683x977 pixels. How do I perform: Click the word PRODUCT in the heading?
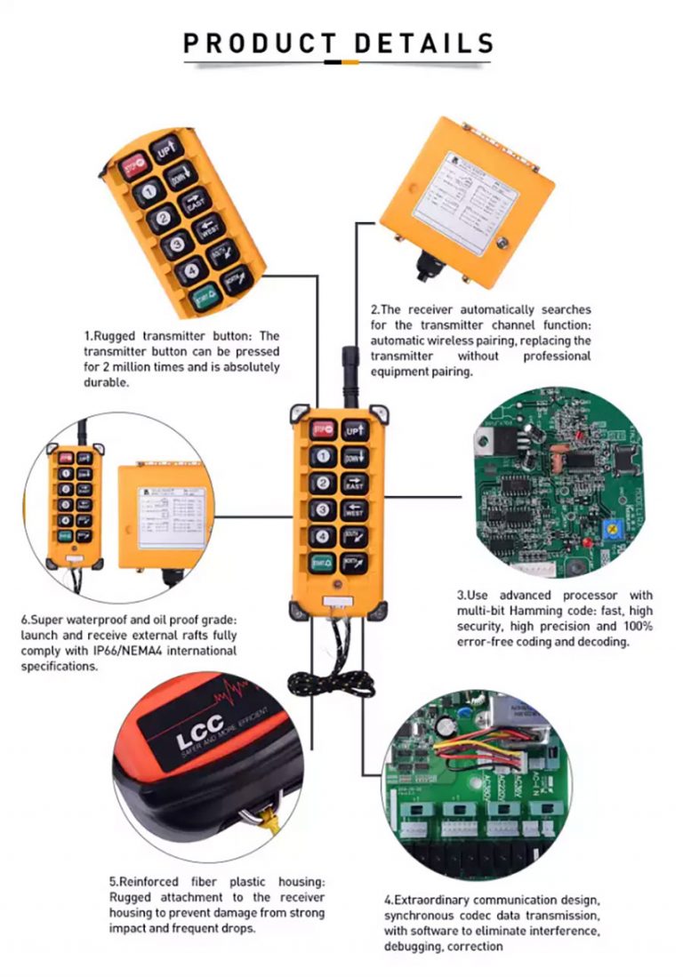point(259,43)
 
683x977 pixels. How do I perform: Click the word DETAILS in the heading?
point(423,43)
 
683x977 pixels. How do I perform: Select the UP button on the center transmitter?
point(355,430)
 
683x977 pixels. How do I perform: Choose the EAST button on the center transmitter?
point(354,484)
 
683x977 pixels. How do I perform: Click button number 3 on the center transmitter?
point(322,510)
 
